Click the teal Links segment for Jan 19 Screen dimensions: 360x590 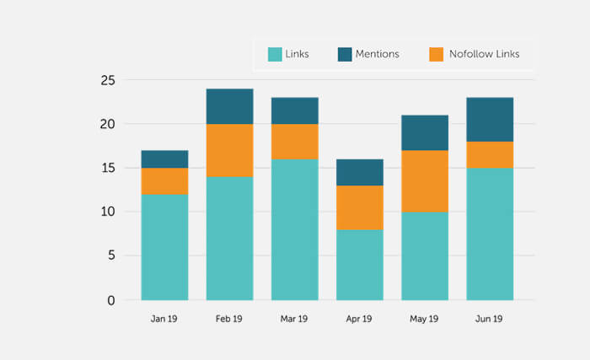pos(164,247)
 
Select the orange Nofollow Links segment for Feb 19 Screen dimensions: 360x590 pos(229,150)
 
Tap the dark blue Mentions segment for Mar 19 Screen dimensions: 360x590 pos(294,110)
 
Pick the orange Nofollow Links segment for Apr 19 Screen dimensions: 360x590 pos(360,207)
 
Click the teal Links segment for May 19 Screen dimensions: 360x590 pos(425,255)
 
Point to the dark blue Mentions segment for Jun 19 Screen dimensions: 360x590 pos(490,119)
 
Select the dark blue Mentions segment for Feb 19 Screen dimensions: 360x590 pos(229,106)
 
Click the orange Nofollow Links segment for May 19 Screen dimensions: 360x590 pos(425,180)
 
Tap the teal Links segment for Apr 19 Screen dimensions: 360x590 pos(360,264)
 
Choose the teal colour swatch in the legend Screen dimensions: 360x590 pos(275,54)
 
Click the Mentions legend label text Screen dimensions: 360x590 pos(378,54)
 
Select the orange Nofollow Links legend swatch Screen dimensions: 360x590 pos(436,54)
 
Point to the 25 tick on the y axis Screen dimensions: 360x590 pos(108,80)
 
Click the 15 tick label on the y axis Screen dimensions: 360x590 pos(108,168)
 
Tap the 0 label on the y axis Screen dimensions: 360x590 pos(111,300)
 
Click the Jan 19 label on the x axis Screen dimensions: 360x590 pos(164,320)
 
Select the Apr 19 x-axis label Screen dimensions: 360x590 pos(360,320)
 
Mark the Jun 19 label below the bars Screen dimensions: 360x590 pos(490,320)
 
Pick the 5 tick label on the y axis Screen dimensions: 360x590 pos(111,255)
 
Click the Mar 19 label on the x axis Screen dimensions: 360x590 pos(294,320)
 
